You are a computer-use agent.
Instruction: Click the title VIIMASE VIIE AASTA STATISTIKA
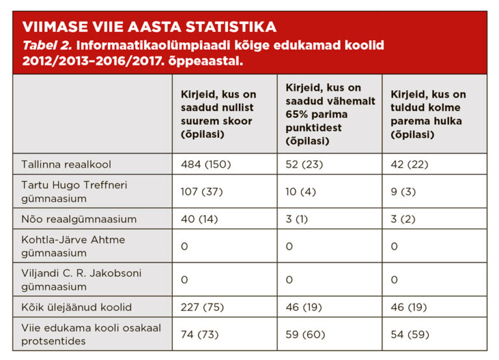(x=149, y=27)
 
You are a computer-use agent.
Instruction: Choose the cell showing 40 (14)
(x=199, y=219)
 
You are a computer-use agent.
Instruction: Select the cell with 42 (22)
(x=409, y=164)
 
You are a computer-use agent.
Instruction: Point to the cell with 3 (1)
(x=297, y=219)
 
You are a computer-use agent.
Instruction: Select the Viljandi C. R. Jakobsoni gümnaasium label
(x=78, y=280)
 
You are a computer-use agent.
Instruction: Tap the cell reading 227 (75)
(x=202, y=307)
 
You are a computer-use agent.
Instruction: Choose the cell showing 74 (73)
(x=199, y=335)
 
